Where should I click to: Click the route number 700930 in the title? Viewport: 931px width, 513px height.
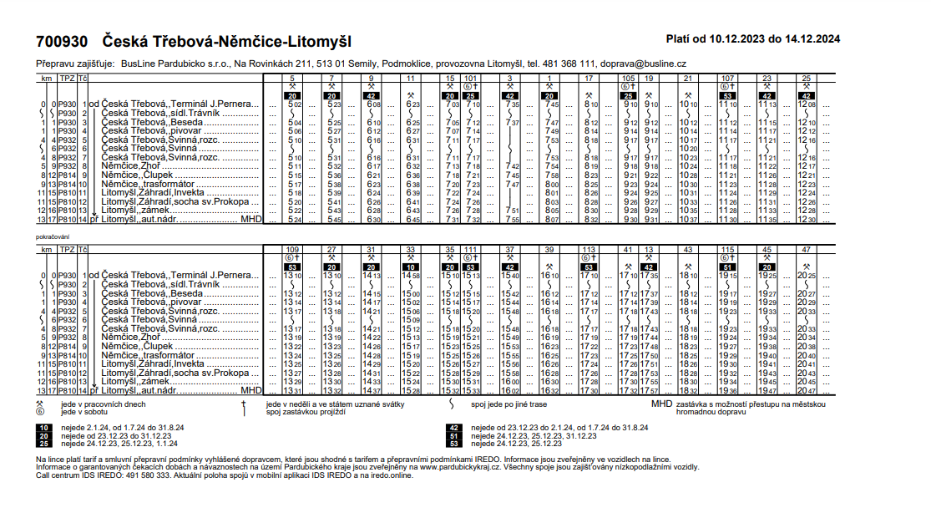click(x=62, y=41)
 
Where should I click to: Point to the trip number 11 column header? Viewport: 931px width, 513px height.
click(x=411, y=78)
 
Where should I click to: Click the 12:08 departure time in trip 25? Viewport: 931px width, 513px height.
click(x=807, y=105)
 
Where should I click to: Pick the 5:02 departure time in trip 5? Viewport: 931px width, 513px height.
click(x=293, y=105)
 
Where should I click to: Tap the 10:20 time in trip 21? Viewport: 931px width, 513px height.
click(x=688, y=148)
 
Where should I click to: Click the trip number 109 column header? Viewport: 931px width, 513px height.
click(x=292, y=249)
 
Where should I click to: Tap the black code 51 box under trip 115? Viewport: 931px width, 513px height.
click(x=727, y=267)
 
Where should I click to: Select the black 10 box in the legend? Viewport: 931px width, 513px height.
click(x=43, y=427)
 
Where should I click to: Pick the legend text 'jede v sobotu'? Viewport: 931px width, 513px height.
click(x=80, y=410)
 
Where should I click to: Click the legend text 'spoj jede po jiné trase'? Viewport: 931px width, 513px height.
click(x=509, y=404)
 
